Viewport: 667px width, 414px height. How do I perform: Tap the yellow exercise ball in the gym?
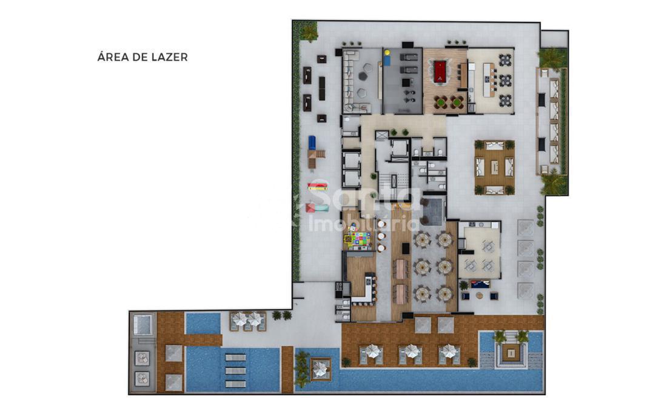coord(387,53)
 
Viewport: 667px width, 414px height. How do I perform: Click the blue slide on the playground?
coord(312,142)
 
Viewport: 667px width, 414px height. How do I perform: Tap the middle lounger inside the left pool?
coord(235,370)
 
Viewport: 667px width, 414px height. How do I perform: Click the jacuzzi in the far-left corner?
coord(143,325)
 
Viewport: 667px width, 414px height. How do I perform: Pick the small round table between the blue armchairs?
coord(480,295)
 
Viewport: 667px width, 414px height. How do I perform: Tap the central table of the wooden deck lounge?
coord(495,167)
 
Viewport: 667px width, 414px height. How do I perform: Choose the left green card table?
coord(441,102)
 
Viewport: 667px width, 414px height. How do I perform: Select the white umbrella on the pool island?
coord(320,368)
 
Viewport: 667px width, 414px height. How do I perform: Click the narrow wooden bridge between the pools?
coord(287,369)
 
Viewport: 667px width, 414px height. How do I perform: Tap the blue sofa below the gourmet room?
coord(480,284)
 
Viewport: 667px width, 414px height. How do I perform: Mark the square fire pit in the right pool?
coord(509,352)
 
